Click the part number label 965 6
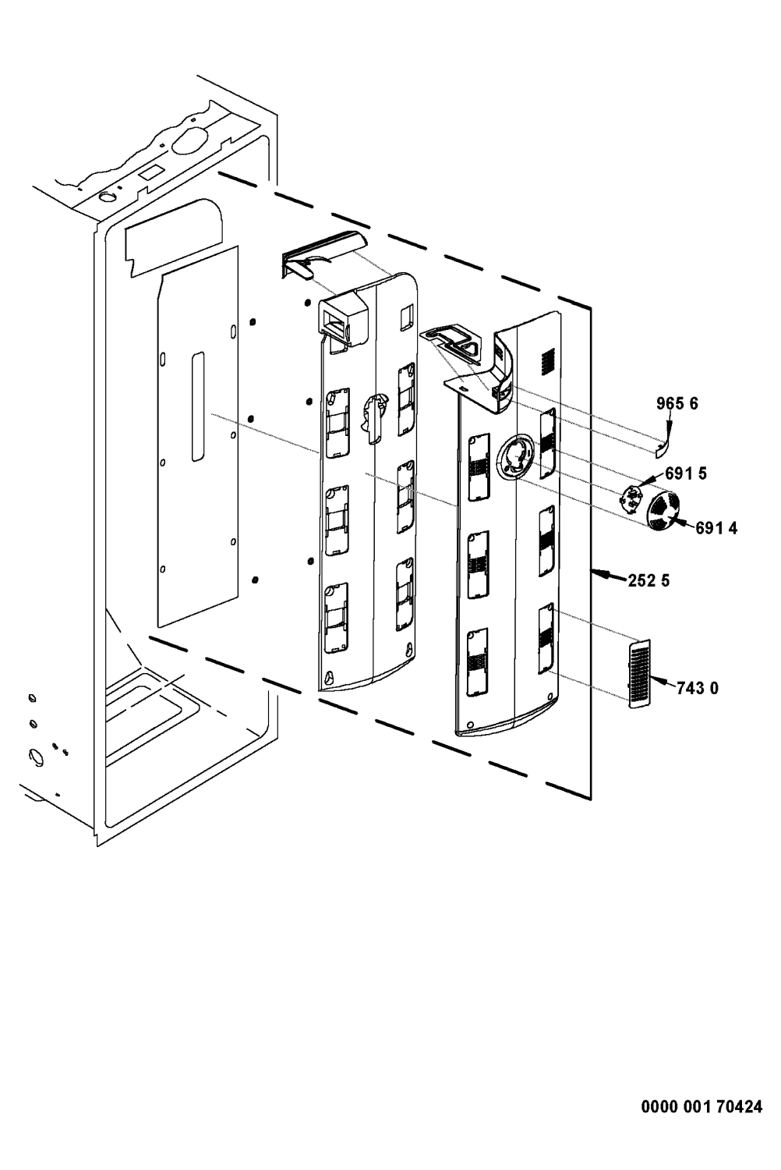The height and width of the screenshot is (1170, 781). click(677, 404)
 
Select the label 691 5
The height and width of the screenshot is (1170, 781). click(685, 473)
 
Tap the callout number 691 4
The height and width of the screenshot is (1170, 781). click(716, 528)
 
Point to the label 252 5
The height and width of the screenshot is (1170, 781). click(648, 580)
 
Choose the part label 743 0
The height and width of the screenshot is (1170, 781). click(697, 689)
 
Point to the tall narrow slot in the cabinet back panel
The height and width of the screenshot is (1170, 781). click(198, 406)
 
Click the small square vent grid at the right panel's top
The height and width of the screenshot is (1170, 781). click(546, 360)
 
